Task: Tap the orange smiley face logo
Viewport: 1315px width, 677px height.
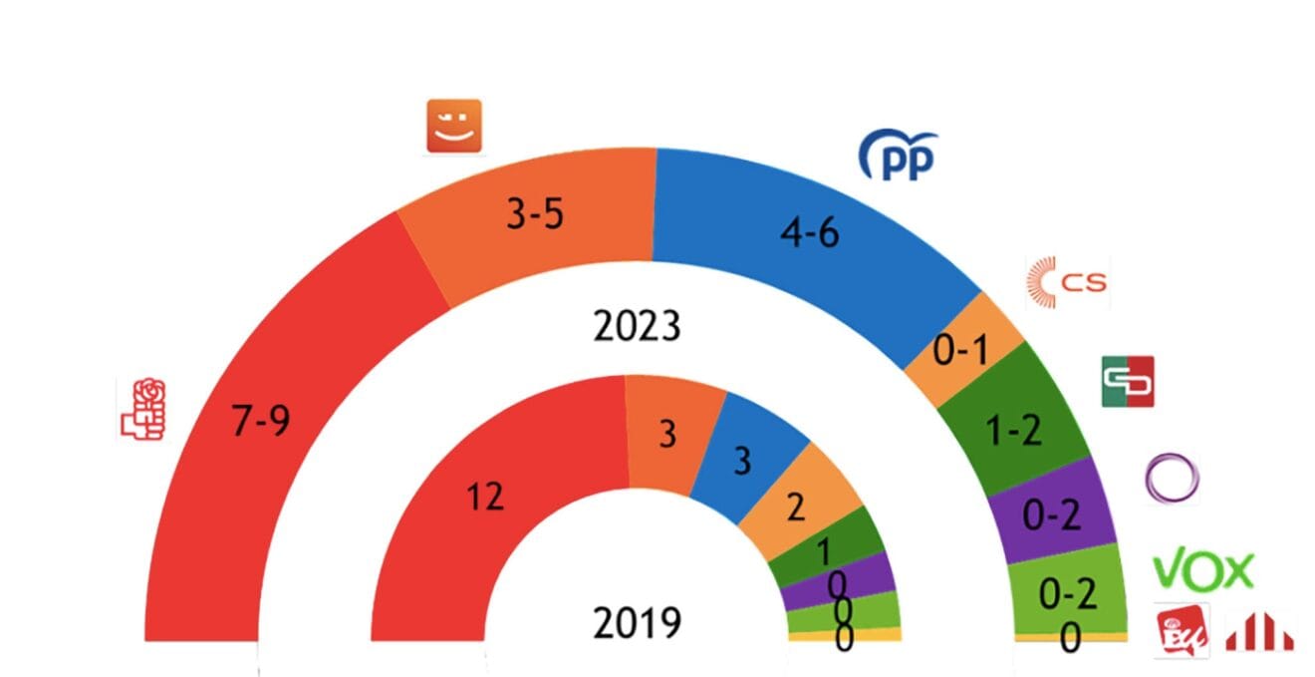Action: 454,127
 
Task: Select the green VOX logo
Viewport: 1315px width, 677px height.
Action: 1202,570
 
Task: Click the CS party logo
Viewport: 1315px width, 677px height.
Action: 1066,283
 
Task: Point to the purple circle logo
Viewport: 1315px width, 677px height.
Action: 1173,478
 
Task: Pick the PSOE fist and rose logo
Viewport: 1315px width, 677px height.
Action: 142,409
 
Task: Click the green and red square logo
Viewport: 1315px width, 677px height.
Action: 1128,381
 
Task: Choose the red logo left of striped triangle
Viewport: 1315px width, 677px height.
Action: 1183,631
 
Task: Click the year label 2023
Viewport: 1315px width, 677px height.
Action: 637,326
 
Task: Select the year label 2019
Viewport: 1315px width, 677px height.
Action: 637,623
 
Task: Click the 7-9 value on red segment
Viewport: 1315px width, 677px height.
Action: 260,422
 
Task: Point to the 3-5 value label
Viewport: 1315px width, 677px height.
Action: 535,214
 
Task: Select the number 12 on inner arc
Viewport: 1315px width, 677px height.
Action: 485,496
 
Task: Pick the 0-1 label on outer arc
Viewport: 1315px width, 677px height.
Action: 959,350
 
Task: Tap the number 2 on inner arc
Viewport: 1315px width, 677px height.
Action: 795,508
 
